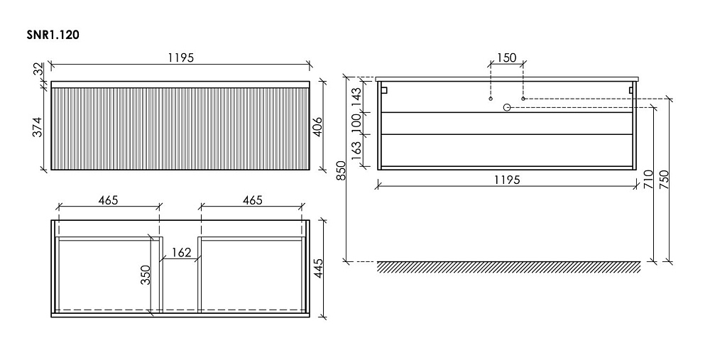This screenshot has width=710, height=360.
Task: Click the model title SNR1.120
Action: pos(53,35)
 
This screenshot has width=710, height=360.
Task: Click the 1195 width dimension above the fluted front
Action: pos(180,58)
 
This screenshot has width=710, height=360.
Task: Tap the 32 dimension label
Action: pos(38,70)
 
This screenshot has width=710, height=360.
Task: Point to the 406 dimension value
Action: pos(317,127)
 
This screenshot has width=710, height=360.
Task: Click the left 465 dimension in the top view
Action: pos(108,200)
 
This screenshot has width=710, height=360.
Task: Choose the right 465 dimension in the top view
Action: pos(252,200)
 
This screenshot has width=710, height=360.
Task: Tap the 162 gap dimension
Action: pos(182,252)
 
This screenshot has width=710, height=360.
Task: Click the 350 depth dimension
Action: pos(146,275)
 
